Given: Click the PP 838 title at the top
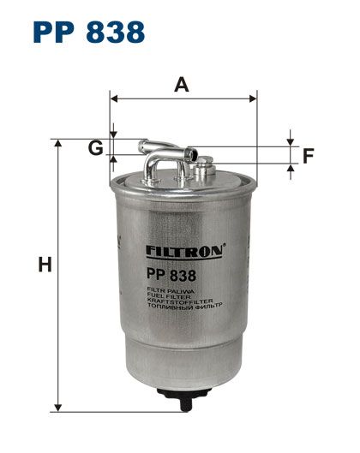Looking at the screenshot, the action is tap(89, 32).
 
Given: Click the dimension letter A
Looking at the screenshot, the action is tap(182, 85).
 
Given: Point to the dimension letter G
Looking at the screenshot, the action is tap(95, 148).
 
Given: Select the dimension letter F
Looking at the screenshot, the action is tap(309, 156).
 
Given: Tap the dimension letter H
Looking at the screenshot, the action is tap(45, 264).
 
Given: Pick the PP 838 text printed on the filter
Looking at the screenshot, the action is tap(171, 275).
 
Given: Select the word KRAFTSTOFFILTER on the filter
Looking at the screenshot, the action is tap(180, 301).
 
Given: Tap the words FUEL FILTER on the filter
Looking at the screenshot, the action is tap(169, 295).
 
